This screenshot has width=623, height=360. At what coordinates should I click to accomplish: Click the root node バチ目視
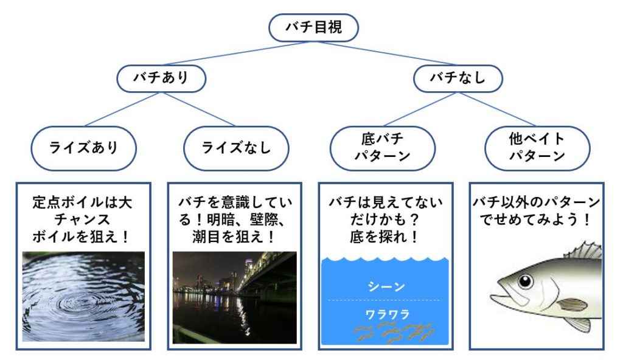click(x=314, y=27)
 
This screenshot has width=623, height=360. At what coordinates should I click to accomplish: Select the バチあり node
click(x=161, y=78)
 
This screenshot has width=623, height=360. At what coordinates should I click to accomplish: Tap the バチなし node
click(x=458, y=78)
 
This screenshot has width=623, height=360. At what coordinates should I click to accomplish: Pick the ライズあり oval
click(x=83, y=148)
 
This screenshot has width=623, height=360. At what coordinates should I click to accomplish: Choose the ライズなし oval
click(x=235, y=148)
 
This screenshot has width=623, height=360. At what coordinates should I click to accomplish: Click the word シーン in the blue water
click(x=386, y=286)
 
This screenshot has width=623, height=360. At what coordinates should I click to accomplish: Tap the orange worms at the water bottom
click(x=393, y=330)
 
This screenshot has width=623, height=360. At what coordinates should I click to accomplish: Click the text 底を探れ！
click(x=386, y=236)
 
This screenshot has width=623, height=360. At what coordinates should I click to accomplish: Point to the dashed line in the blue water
click(x=386, y=300)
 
